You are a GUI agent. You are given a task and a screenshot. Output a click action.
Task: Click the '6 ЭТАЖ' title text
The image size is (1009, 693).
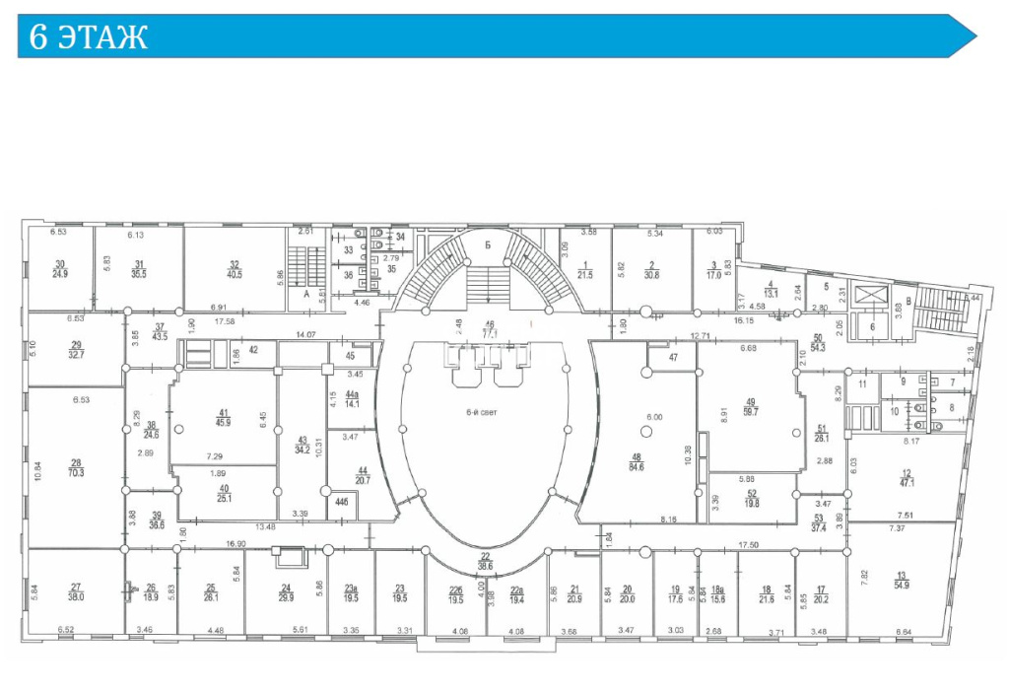tap(89, 38)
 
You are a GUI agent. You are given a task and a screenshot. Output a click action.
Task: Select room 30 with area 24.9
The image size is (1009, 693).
tap(60, 268)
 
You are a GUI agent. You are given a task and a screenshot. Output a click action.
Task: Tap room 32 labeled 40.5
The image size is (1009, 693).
tap(235, 269)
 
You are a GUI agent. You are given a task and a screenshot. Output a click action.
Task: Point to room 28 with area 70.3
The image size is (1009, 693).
tap(76, 467)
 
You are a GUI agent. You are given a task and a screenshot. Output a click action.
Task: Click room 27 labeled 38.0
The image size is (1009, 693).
tap(76, 591)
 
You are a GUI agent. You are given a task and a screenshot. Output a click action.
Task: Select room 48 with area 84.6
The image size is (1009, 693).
tap(637, 461)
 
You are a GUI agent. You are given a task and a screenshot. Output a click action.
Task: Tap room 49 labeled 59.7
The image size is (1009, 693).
tap(751, 407)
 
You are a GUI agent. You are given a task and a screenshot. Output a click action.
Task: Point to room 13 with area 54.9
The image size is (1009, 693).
tap(901, 582)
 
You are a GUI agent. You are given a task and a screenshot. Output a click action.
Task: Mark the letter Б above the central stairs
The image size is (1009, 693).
tap(486, 246)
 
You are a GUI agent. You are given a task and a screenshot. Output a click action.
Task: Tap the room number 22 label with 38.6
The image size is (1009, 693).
tap(485, 563)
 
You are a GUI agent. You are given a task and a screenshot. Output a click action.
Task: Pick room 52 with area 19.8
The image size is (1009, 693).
tap(752, 498)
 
